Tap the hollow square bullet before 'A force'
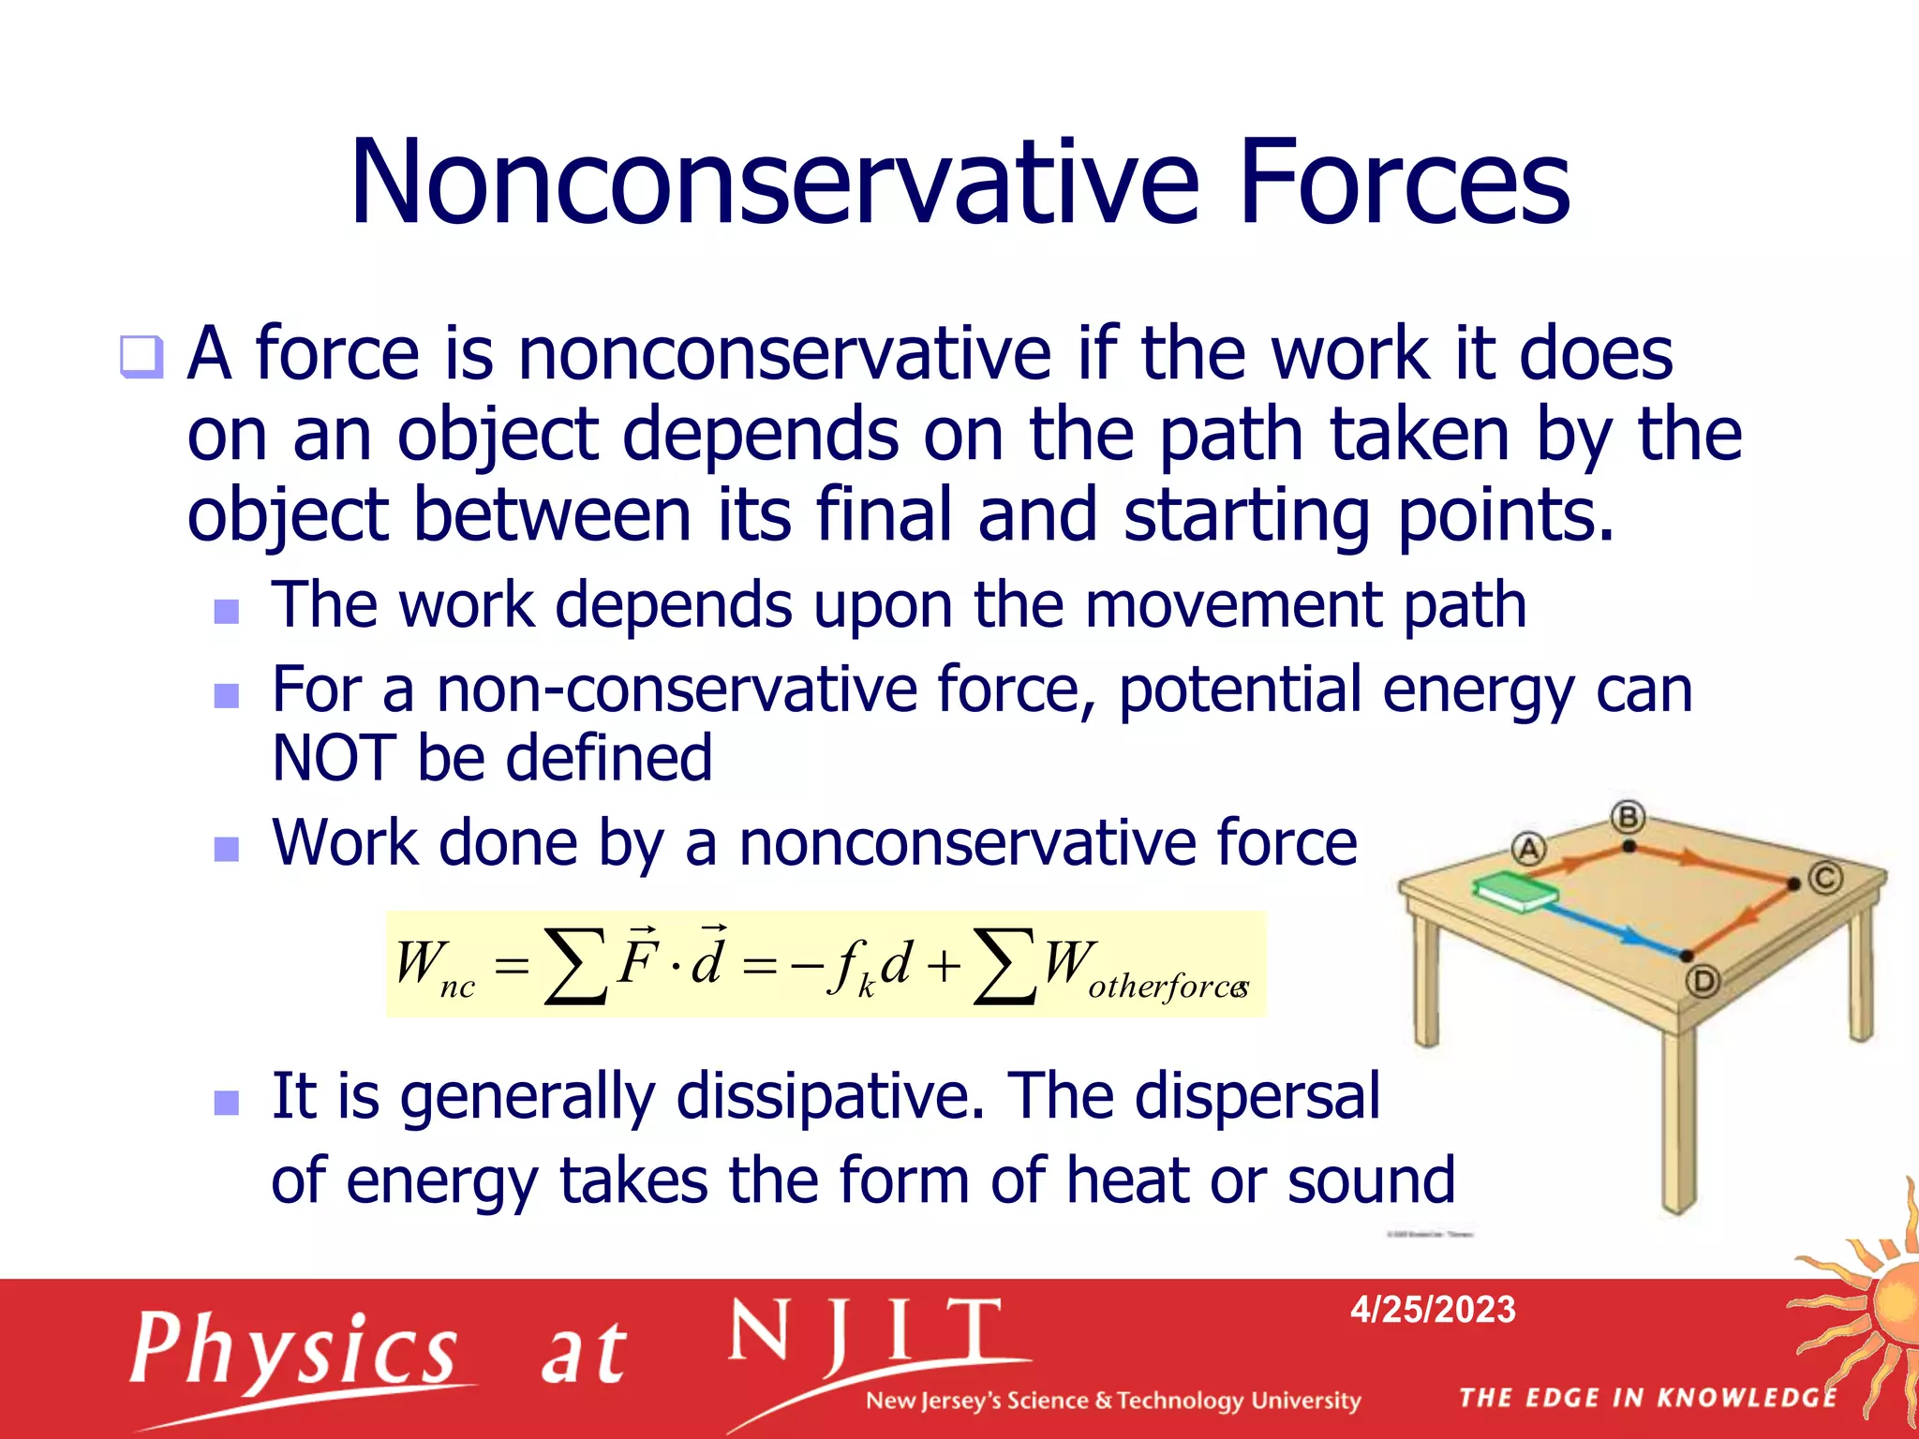(141, 357)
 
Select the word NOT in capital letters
(335, 758)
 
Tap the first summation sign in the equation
(574, 966)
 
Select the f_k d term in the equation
(869, 965)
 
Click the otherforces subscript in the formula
(1168, 987)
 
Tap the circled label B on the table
(1629, 817)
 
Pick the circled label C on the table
(1825, 878)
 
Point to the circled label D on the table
(1703, 982)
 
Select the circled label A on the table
(1528, 849)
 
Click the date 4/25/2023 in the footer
(1433, 1310)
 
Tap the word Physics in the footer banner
(293, 1350)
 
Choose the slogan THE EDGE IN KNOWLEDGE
(1647, 1398)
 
